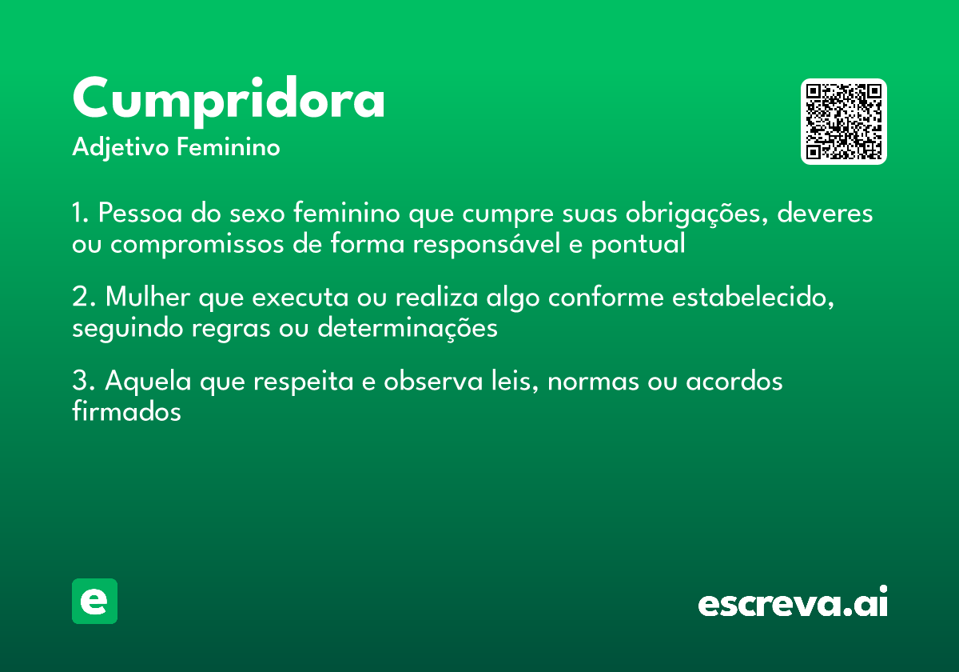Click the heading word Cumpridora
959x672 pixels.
[229, 99]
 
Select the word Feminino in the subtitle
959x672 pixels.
[229, 148]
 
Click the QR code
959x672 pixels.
[844, 122]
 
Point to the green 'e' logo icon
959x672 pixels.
[94, 601]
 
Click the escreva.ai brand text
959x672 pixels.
[793, 602]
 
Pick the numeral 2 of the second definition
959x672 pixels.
[80, 298]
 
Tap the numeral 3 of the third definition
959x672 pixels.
[80, 382]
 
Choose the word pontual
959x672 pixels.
[638, 245]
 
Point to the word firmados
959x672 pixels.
[126, 412]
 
